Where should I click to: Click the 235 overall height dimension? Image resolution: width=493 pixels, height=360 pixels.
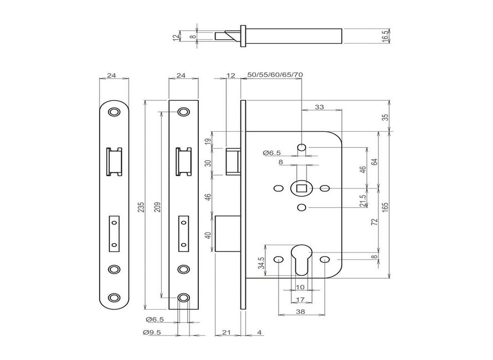[x=141, y=207]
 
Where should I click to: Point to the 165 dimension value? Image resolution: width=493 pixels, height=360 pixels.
[x=386, y=207]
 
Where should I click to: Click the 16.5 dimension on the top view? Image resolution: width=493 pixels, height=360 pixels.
[x=386, y=36]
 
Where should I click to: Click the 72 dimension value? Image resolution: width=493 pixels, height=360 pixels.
[x=374, y=222]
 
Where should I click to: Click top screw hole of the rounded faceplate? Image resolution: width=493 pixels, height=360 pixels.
[x=114, y=112]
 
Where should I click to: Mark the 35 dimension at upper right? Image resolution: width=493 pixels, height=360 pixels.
[x=386, y=117]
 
